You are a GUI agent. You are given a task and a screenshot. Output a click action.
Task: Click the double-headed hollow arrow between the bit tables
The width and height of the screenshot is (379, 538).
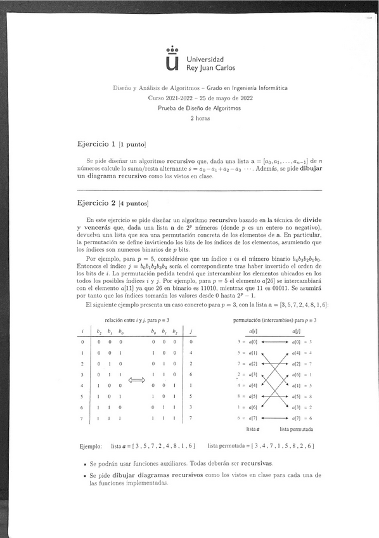click(137, 380)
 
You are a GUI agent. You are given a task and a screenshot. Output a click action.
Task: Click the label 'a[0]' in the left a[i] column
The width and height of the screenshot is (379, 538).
click(252, 342)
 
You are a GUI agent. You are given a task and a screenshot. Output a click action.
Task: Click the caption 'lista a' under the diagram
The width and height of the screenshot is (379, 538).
click(254, 429)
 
